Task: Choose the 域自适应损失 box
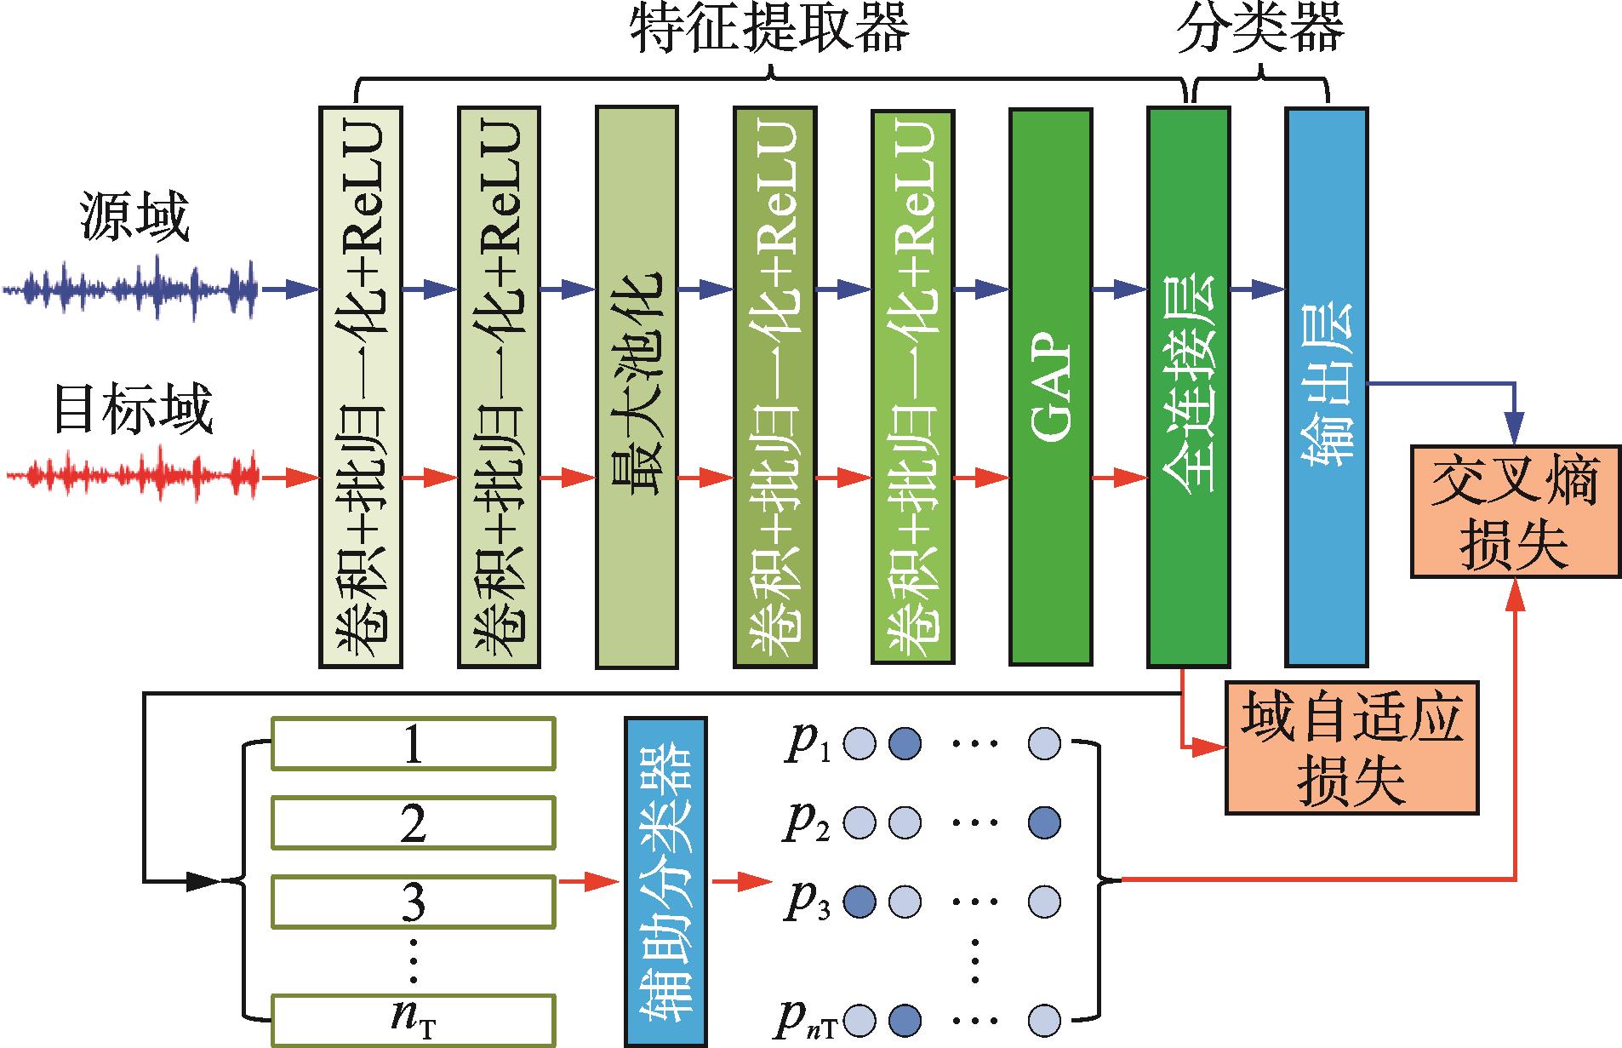1351,747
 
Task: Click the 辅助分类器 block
665,882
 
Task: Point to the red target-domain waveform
132,474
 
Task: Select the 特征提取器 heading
770,30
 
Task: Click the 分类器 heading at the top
1259,30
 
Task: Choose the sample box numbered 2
413,822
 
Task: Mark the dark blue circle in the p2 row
1044,822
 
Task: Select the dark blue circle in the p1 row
904,744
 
